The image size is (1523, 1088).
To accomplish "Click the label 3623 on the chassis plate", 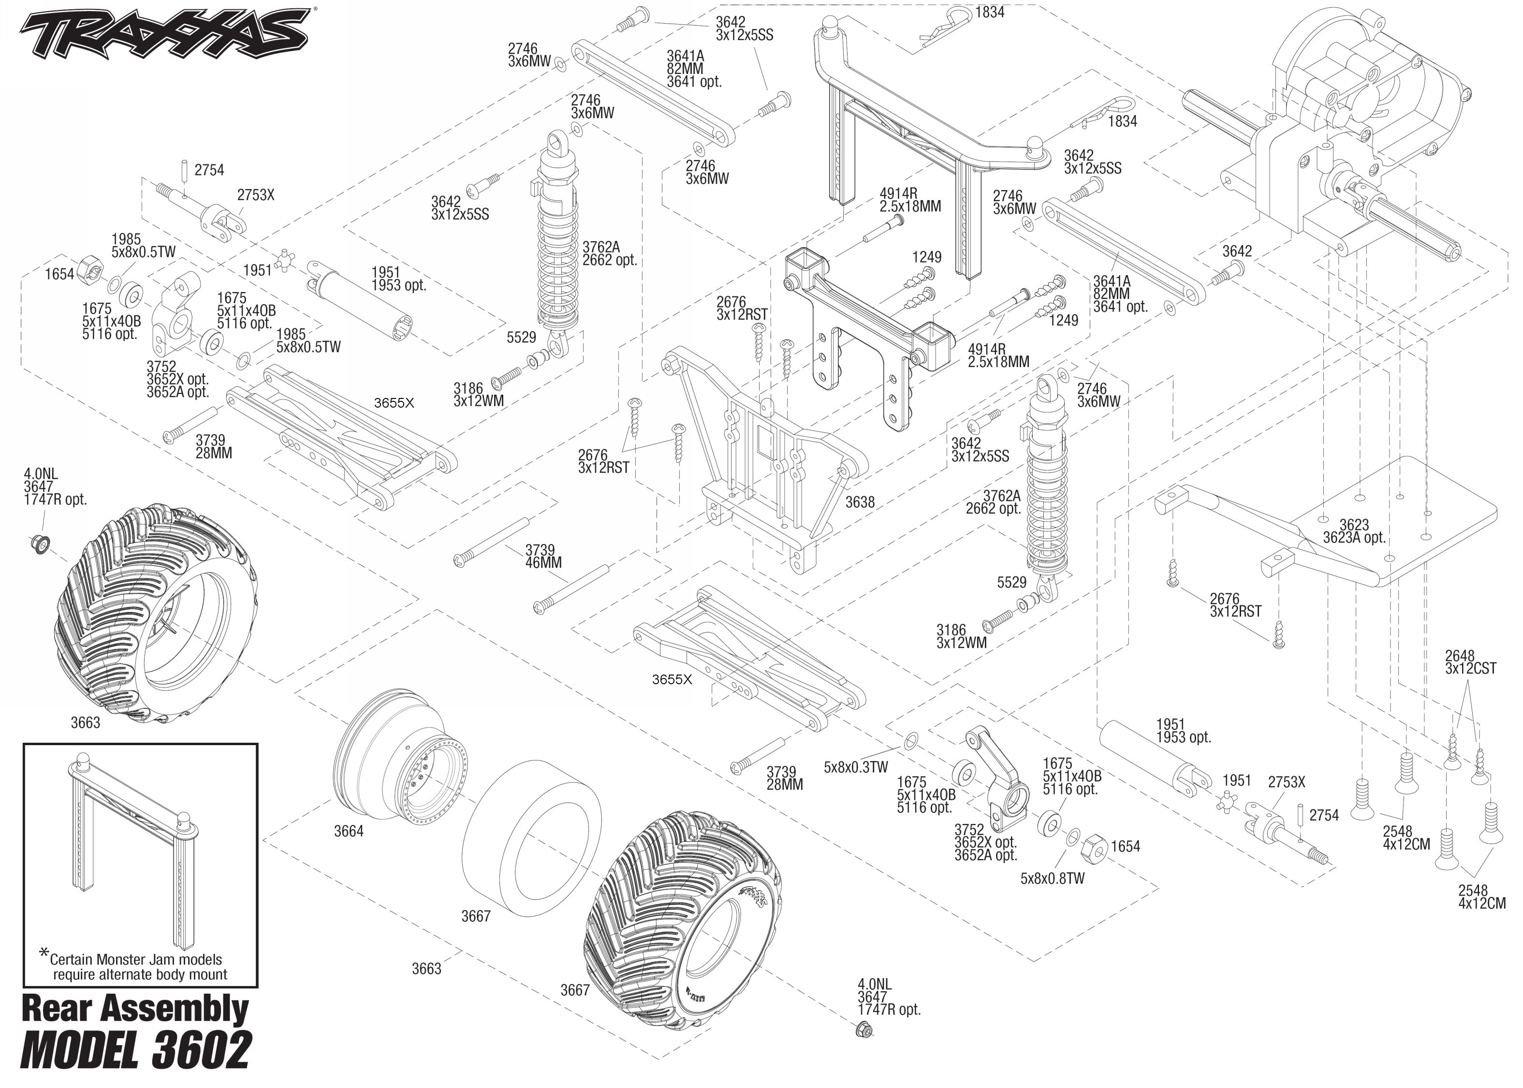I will pos(1354,525).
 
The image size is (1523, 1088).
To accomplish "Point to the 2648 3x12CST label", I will pos(1470,662).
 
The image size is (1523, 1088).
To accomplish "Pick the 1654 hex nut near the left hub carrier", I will pos(90,268).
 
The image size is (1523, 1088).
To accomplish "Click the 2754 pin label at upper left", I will pos(209,171).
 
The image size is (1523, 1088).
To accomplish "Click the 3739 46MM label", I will pos(543,557).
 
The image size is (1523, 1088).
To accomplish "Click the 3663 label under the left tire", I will pos(85,723).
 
